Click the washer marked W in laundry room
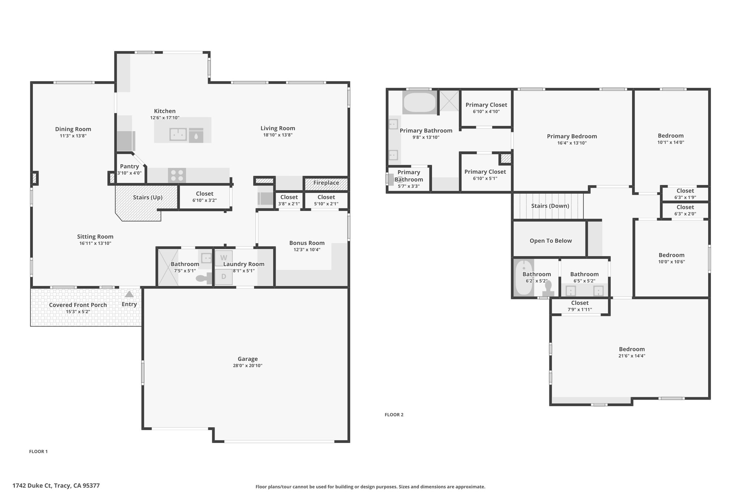[224, 258]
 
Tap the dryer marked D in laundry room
[224, 277]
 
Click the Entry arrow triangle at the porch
[129, 294]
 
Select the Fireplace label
[326, 183]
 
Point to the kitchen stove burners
[177, 176]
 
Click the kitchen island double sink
[178, 135]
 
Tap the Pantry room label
[129, 166]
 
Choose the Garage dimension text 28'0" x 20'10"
[247, 366]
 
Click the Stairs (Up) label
[148, 197]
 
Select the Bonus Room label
[307, 243]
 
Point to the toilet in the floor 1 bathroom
[204, 278]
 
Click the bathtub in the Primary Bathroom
[420, 103]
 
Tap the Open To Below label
[551, 241]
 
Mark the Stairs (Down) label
[550, 206]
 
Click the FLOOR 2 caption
[394, 415]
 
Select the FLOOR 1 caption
[38, 451]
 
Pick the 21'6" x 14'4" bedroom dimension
[632, 356]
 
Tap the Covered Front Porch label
[78, 305]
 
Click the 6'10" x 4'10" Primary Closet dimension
[486, 111]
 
